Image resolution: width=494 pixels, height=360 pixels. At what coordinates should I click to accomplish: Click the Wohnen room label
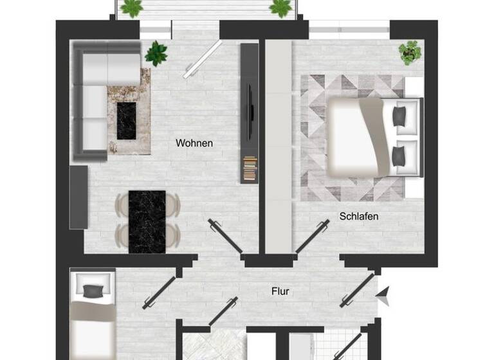pyautogui.click(x=194, y=143)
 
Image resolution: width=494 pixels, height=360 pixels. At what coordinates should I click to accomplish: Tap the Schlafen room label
pyautogui.click(x=358, y=217)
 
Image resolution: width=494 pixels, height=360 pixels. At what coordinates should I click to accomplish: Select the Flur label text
pyautogui.click(x=280, y=291)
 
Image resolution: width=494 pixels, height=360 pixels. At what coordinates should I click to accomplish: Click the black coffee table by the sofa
pyautogui.click(x=127, y=120)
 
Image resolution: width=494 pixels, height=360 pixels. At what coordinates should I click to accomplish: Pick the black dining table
pyautogui.click(x=147, y=222)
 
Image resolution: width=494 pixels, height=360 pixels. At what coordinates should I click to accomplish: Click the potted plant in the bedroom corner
pyautogui.click(x=409, y=52)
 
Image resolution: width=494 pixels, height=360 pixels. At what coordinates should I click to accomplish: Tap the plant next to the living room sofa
pyautogui.click(x=156, y=53)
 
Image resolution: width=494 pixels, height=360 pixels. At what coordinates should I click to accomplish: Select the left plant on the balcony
pyautogui.click(x=132, y=8)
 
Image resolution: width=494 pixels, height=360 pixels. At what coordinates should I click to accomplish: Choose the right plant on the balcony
pyautogui.click(x=280, y=8)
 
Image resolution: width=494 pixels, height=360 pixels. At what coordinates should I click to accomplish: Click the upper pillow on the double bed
pyautogui.click(x=399, y=116)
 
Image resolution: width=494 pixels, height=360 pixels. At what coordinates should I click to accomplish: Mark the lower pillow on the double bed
pyautogui.click(x=399, y=156)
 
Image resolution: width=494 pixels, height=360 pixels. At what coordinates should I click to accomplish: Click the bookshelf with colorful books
pyautogui.click(x=250, y=169)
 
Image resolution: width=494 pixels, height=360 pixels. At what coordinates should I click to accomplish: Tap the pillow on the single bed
pyautogui.click(x=93, y=290)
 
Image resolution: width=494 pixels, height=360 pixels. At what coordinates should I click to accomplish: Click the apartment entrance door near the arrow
pyautogui.click(x=358, y=290)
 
